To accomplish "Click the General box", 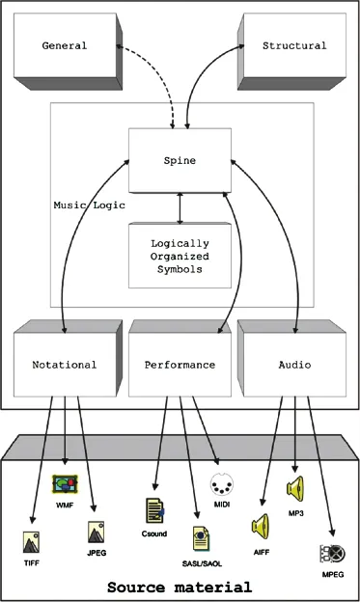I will coord(65,45).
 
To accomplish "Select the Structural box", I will coord(293,45).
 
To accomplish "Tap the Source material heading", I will coord(180,586).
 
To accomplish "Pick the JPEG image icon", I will coord(97,532).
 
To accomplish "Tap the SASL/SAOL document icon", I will coord(202,536).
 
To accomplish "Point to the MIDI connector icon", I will coord(222,483).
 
